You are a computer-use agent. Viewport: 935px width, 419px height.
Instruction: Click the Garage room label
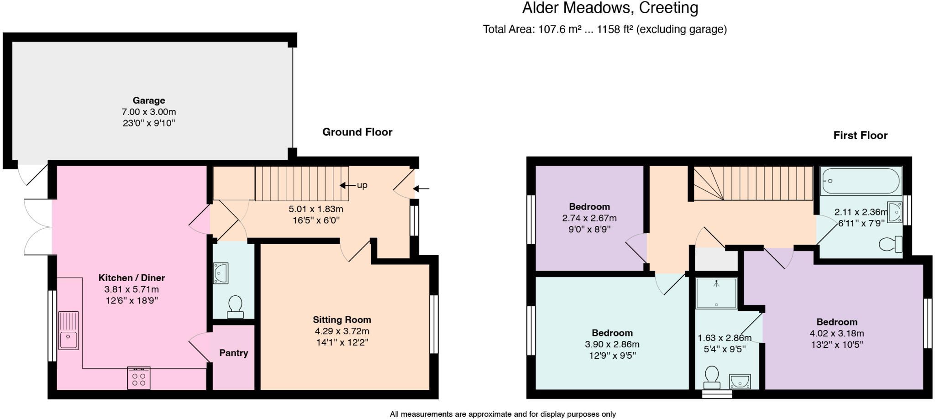(149, 100)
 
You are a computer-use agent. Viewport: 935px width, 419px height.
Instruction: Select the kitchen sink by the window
(68, 331)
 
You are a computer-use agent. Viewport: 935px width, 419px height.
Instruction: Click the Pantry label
(233, 353)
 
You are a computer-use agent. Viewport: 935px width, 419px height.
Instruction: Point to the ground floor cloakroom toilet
(235, 307)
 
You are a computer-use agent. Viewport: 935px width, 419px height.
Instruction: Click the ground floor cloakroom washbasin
(221, 273)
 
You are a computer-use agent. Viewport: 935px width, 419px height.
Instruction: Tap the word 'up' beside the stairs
(362, 185)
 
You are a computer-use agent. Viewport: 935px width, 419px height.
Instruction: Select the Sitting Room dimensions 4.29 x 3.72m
(341, 331)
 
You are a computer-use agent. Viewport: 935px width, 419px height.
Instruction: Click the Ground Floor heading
(357, 132)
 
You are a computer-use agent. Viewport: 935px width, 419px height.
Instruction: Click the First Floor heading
(860, 135)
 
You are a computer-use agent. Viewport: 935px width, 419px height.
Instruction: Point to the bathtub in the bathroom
(861, 181)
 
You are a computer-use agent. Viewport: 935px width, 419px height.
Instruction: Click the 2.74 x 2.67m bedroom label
(589, 207)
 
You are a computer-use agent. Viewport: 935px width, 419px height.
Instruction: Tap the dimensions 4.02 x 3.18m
(836, 334)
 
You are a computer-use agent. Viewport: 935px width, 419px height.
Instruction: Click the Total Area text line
(604, 30)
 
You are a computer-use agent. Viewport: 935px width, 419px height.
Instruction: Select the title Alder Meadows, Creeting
(610, 8)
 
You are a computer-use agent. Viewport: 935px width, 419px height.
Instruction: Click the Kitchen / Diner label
(131, 278)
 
